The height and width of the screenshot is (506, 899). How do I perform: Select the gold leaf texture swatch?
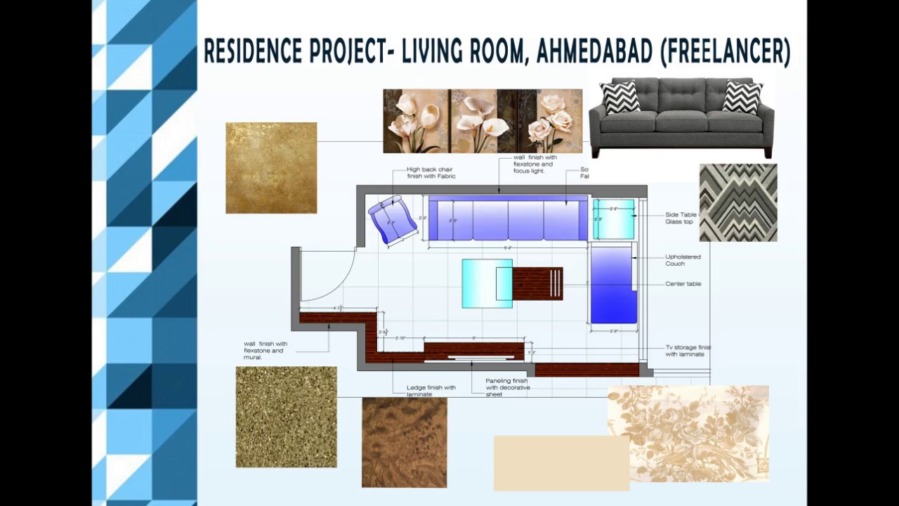coord(271,168)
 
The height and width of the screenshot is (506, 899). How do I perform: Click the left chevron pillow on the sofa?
coord(619,97)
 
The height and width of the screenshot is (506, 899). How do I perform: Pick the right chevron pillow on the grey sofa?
coord(742,97)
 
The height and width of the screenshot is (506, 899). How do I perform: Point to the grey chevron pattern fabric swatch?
coord(738,202)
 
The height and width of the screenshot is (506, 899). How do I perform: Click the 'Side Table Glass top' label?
coord(681,218)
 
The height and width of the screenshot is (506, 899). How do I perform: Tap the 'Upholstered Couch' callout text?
coord(683,260)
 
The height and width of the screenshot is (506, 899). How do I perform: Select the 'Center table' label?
coord(683,284)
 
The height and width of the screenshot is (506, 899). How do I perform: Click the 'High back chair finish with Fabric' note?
coord(431,173)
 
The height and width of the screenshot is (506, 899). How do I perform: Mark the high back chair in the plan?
coord(388,219)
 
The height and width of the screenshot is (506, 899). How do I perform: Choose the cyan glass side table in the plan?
coord(613,219)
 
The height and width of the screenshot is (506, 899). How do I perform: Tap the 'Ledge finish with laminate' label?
coord(431,391)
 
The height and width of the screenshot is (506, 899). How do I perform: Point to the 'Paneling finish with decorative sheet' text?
coord(507,387)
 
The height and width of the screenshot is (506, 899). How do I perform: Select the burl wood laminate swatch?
coord(404,442)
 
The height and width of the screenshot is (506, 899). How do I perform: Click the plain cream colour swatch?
coord(561,462)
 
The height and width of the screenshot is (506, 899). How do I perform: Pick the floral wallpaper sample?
coord(688,433)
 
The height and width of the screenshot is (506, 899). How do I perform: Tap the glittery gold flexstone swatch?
coord(286,417)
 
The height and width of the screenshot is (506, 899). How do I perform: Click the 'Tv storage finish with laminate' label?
coord(688,351)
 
